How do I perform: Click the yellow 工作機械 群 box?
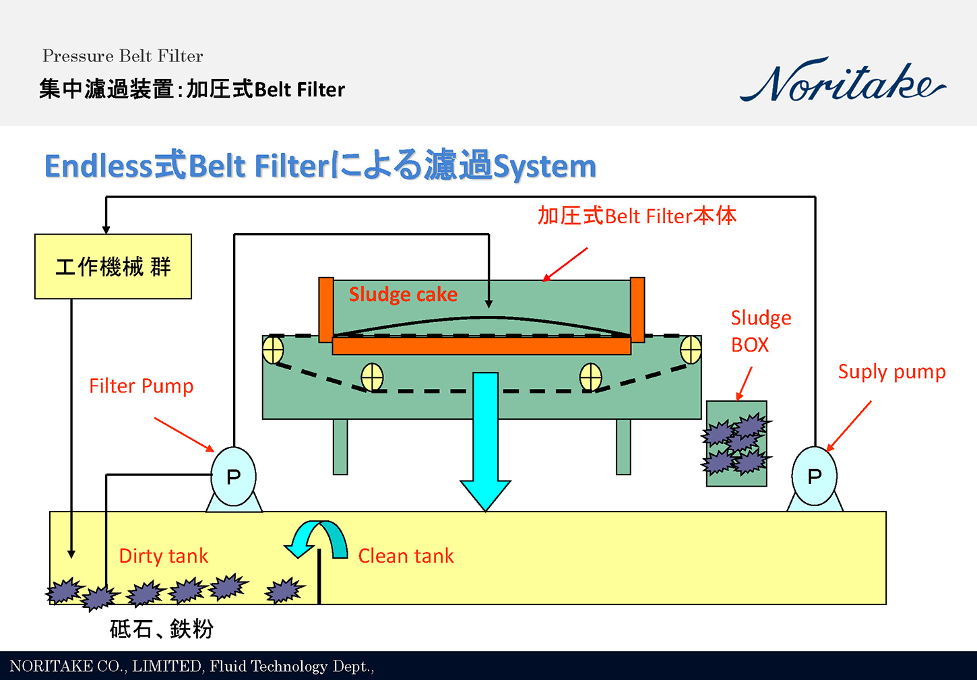click(113, 267)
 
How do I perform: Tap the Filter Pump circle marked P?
click(233, 476)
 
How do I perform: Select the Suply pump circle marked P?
click(814, 476)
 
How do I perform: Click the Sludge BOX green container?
click(736, 443)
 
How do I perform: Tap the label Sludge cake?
click(403, 295)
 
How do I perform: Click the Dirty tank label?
click(163, 556)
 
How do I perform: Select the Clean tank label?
click(406, 556)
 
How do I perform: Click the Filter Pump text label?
click(141, 386)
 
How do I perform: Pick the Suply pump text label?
click(891, 372)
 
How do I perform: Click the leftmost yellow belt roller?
click(273, 350)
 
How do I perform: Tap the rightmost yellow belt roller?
click(691, 350)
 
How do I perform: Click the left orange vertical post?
click(326, 309)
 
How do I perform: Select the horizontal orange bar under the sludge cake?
click(481, 346)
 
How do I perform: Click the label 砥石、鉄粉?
click(162, 629)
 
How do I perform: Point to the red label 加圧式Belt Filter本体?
click(637, 216)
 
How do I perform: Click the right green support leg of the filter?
click(623, 447)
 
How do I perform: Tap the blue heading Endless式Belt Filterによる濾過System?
click(320, 166)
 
